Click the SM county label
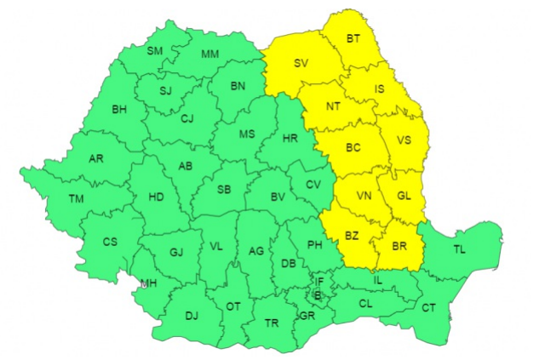tap(154, 51)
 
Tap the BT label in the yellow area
tap(353, 38)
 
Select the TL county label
tap(460, 249)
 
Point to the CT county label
tap(428, 307)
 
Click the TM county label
tap(77, 198)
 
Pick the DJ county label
tap(192, 317)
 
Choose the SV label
tap(301, 63)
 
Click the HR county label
tap(290, 137)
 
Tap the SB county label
tap(224, 189)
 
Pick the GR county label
tap(307, 315)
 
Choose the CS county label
tap(110, 242)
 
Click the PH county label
tap(314, 245)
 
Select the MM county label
tap(209, 54)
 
